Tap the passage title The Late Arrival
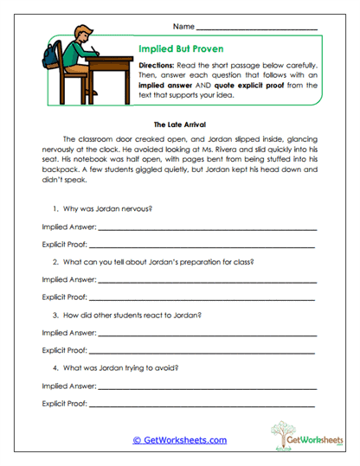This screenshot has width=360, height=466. (179, 124)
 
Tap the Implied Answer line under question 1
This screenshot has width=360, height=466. (207, 228)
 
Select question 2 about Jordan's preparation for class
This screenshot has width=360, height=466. (152, 262)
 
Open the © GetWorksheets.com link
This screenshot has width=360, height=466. (180, 440)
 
